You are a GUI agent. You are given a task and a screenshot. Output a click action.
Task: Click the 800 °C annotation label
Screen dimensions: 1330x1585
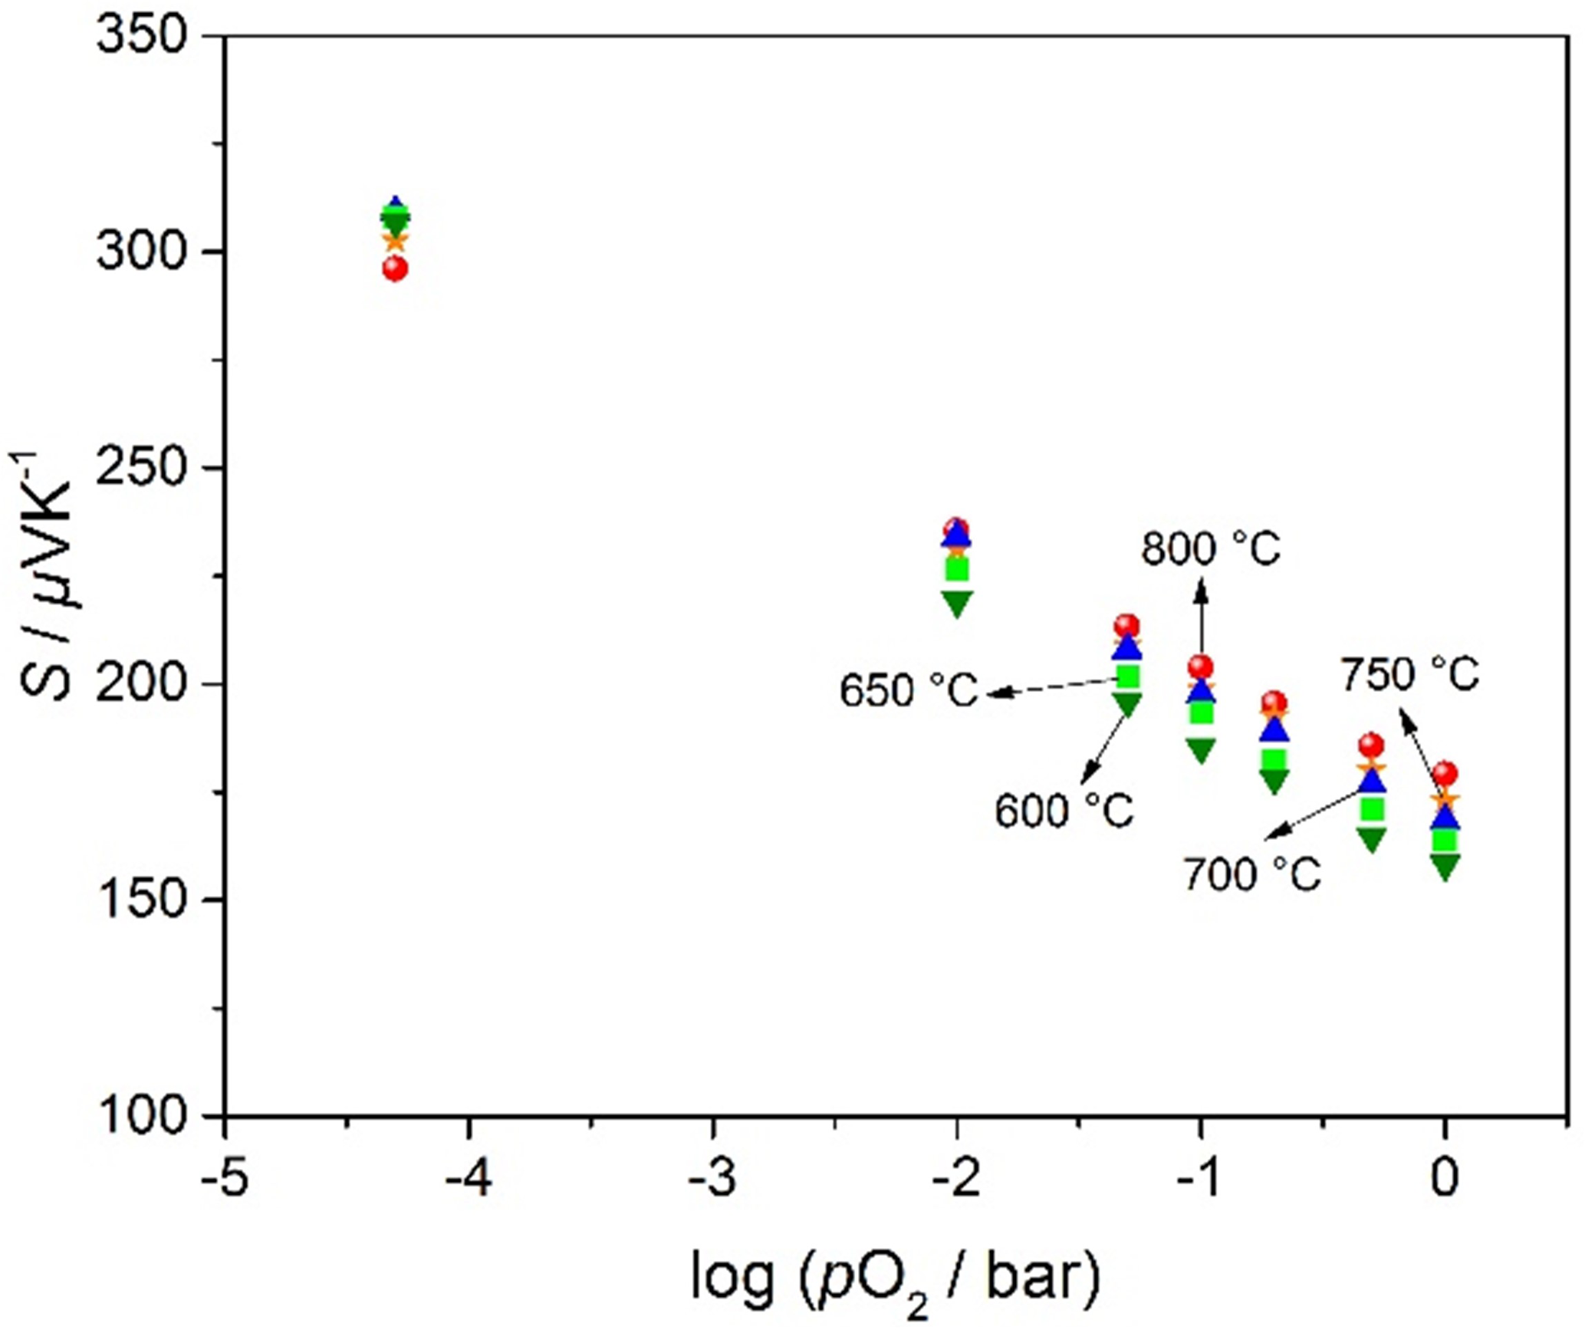click(1211, 549)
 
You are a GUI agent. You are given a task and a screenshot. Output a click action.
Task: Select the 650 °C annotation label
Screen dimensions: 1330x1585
click(909, 690)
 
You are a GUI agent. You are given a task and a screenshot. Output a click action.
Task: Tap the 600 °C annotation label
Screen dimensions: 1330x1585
click(1064, 811)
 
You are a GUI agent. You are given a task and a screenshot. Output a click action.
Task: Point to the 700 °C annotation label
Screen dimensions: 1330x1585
click(1252, 874)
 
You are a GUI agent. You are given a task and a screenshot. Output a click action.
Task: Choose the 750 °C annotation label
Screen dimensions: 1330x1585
click(1409, 676)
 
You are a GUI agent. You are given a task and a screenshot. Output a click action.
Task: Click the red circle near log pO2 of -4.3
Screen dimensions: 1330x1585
click(395, 269)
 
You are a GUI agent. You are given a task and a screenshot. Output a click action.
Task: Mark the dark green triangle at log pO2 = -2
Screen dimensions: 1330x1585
click(957, 603)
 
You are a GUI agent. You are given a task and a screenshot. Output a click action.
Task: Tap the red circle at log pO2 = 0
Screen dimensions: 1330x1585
click(1445, 774)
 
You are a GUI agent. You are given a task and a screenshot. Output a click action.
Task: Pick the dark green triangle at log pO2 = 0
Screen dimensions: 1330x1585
click(1445, 867)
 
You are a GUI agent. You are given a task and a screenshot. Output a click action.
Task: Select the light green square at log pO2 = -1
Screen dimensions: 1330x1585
click(1201, 713)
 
